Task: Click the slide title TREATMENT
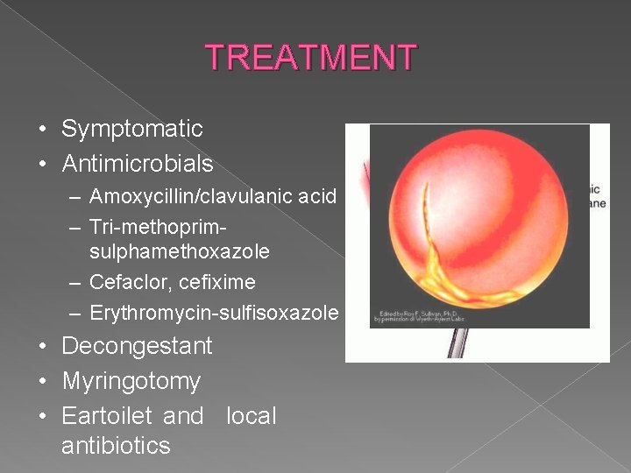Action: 311,58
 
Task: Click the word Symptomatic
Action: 132,130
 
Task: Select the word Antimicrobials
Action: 138,164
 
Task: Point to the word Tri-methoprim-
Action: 159,227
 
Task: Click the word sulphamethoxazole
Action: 179,252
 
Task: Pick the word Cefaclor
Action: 126,283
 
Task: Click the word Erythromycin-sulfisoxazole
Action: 214,313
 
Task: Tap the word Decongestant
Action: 137,346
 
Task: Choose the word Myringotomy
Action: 131,381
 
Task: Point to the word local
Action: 251,416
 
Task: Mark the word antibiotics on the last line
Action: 116,446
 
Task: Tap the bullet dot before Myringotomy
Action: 43,383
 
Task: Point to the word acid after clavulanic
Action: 317,196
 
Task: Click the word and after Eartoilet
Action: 183,416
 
